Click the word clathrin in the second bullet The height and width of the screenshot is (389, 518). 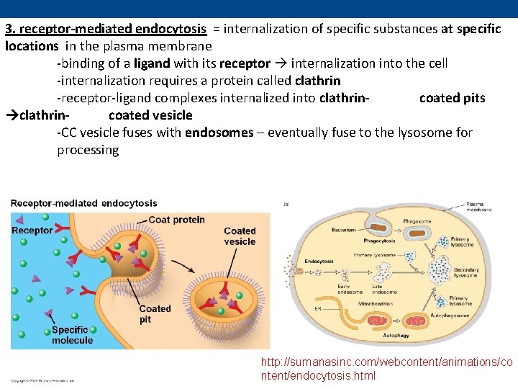317,81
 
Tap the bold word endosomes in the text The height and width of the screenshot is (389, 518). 219,133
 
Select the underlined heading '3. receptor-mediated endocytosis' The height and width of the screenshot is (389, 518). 106,29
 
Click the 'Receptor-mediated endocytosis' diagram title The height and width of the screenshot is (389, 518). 83,204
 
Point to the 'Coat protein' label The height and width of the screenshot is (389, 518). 177,220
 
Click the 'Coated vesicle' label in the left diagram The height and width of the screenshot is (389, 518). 240,236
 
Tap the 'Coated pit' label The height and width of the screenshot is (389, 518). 155,314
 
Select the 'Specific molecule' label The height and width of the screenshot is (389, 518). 72,335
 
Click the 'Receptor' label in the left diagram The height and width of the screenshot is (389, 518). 32,231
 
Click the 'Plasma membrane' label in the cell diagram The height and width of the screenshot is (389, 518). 479,207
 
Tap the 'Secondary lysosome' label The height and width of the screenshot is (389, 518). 465,272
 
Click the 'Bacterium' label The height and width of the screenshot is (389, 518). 343,230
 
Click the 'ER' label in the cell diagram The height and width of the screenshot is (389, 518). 318,309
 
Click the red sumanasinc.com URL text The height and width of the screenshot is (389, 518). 387,368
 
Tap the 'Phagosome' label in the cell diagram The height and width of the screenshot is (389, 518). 417,221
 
